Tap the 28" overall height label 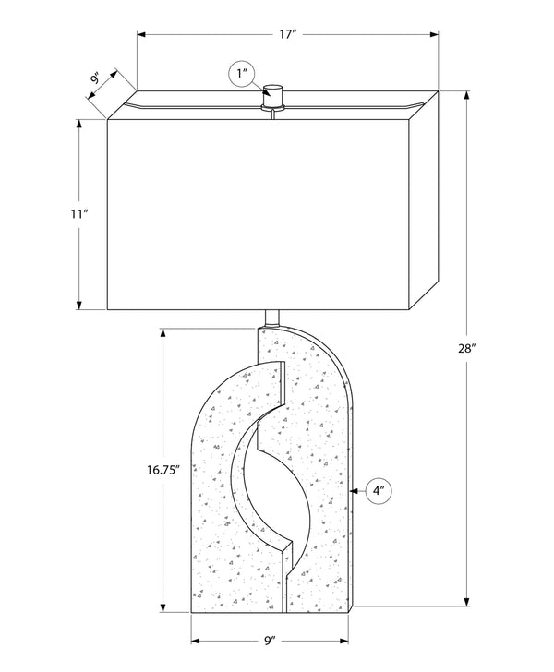pos(467,348)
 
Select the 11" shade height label pos(79,213)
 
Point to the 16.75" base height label pos(163,470)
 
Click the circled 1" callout pos(242,74)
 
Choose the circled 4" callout pos(379,491)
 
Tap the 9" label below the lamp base pos(270,641)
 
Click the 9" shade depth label pos(96,78)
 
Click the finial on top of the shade pos(273,97)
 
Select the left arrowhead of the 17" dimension pos(142,34)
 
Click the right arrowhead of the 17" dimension pos(433,34)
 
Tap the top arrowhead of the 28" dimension pos(467,96)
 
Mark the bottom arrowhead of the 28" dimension pos(467,601)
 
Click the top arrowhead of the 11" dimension pos(78,124)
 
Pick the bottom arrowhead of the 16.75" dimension pos(163,607)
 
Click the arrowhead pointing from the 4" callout pos(355,491)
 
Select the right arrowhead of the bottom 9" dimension pos(343,642)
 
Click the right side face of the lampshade pos(424,199)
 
